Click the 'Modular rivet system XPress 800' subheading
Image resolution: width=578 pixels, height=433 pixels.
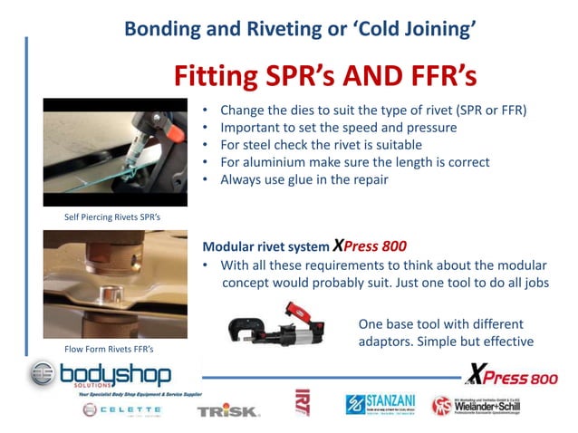(303, 245)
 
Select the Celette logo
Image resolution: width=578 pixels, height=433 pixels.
(120, 409)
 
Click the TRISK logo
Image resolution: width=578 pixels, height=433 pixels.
(228, 410)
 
